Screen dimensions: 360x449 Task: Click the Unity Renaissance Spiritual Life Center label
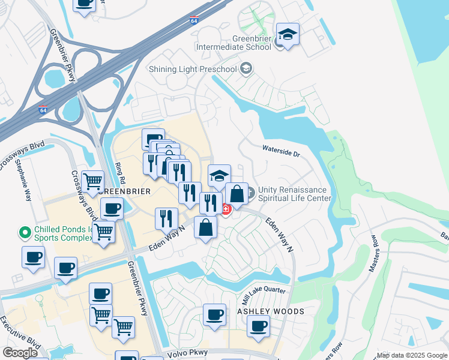295,194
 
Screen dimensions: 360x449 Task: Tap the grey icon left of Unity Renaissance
250,193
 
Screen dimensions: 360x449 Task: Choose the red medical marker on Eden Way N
226,209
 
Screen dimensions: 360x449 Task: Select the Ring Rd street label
121,172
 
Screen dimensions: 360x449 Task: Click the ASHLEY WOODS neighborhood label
271,312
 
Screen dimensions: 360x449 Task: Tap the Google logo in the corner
20,353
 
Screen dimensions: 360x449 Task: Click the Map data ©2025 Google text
412,356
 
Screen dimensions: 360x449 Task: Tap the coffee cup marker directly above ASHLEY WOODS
214,315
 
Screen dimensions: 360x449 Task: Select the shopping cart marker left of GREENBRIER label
92,181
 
